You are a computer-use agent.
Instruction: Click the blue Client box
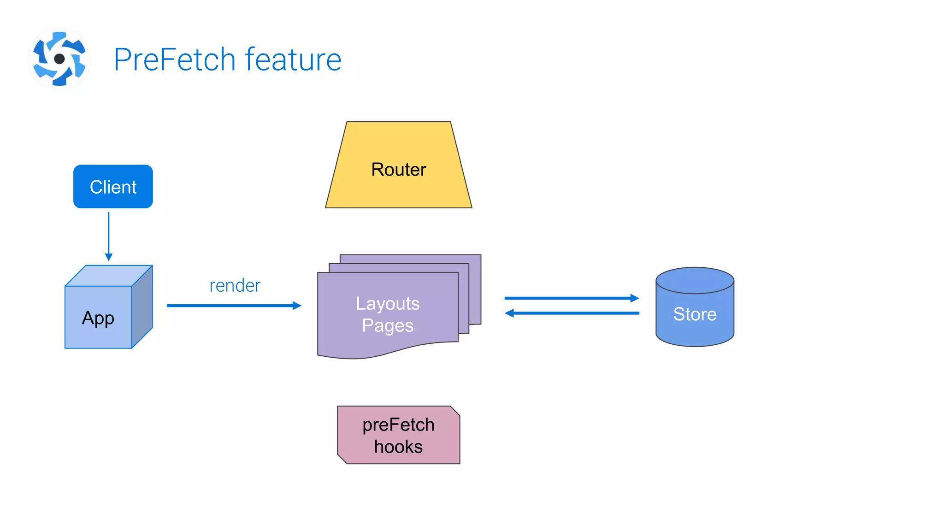coord(113,187)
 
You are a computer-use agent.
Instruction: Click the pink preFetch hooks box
coord(399,435)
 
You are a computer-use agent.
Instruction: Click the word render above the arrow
coord(235,286)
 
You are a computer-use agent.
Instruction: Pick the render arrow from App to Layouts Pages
coord(233,306)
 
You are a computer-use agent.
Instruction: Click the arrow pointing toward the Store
coord(572,298)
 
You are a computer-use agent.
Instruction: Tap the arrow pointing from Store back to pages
coord(572,313)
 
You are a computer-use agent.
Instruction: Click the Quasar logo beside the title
coord(59,59)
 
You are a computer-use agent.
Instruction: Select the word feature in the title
coord(293,60)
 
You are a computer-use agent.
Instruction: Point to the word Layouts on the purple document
coord(388,303)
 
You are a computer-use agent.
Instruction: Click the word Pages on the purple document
coord(388,325)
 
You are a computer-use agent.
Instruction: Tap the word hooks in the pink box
coord(398,447)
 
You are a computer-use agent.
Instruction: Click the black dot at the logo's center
coord(59,59)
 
